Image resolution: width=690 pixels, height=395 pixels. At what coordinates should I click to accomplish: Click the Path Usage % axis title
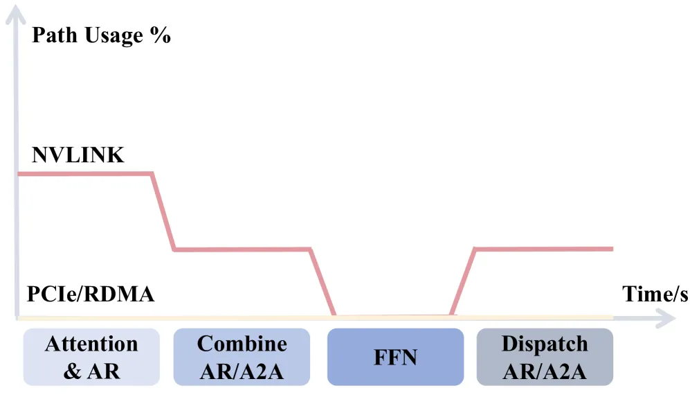pos(101,36)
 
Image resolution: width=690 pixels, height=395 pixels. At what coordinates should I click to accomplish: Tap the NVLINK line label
pos(78,155)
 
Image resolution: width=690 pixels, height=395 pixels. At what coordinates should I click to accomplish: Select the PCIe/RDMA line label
pos(91,294)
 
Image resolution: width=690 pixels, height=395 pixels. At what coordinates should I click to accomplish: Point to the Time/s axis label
pos(655,294)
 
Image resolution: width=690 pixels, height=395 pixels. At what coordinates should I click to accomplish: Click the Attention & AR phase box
pos(91,357)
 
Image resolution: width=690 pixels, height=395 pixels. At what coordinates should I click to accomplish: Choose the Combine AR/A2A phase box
pos(242,357)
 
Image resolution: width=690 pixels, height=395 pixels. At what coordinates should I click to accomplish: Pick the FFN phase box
pos(396,357)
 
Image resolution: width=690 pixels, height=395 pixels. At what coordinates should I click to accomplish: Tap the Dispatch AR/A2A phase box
pos(545,357)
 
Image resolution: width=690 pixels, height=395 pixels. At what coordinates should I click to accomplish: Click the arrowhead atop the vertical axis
pos(16,13)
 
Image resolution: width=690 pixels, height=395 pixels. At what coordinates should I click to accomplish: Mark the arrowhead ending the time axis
pos(666,318)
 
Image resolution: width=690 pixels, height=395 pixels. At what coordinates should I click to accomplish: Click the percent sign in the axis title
pos(160,35)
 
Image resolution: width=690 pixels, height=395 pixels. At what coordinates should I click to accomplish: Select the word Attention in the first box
pos(91,344)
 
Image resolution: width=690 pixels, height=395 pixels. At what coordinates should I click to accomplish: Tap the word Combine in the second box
pos(242,344)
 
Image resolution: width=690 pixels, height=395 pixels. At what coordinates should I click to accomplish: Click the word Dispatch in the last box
pos(545,344)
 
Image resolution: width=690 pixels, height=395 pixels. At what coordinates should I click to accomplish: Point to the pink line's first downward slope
pos(163,211)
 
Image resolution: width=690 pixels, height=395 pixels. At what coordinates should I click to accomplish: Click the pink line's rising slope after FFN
pos(462,282)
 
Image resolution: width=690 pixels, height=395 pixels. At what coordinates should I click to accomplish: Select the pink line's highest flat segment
pos(85,174)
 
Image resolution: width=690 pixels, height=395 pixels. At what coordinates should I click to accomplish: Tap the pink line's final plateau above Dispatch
pos(544,249)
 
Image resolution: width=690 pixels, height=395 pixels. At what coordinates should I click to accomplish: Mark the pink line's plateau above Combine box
pos(242,249)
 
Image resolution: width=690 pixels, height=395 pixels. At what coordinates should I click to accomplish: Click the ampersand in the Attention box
pos(72,371)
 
